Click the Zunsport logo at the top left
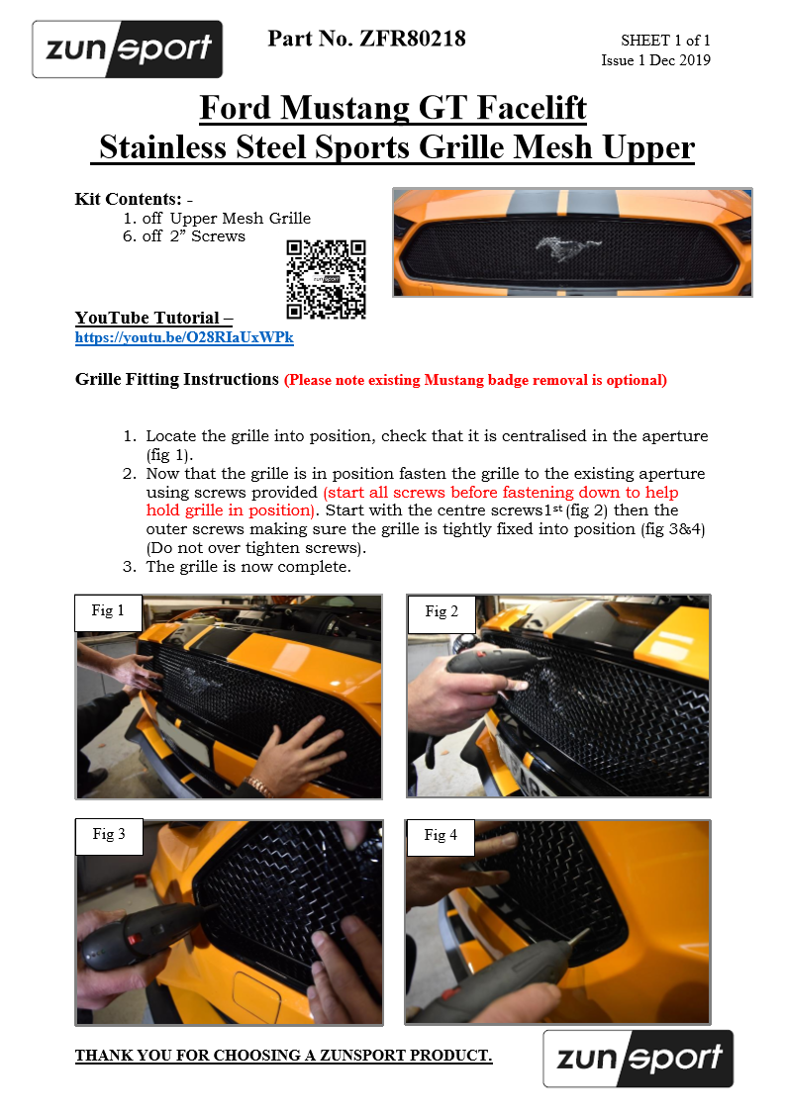(127, 48)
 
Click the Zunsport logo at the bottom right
(638, 1059)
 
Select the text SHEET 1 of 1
(665, 41)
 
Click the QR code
(326, 279)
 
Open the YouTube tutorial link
(184, 338)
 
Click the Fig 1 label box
(109, 611)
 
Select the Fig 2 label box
(442, 612)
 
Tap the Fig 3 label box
(109, 835)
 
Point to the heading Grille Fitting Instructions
(177, 379)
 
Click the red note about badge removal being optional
(475, 380)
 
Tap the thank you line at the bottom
(283, 1056)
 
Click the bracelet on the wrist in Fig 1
(259, 787)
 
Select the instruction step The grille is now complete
(247, 567)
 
